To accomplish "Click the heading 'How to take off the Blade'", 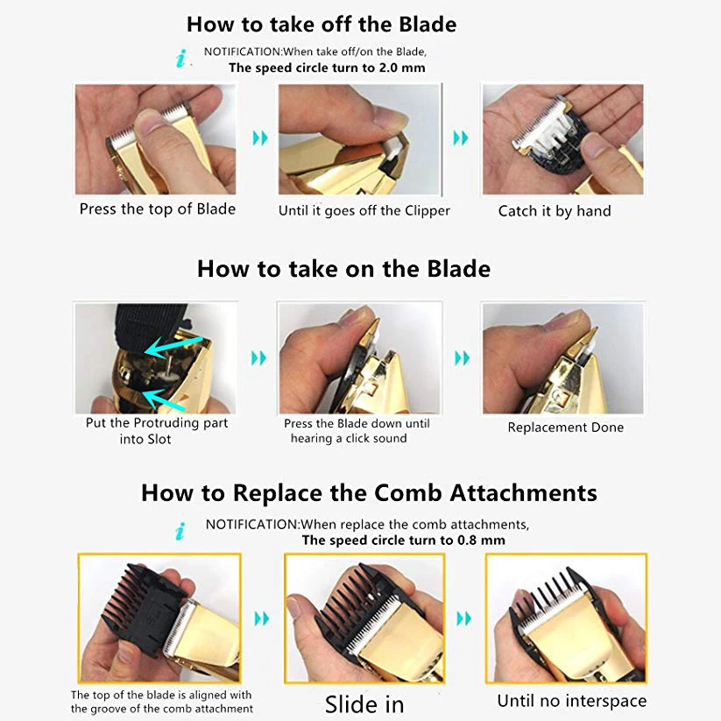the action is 322,25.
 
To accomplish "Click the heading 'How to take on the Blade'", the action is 343,269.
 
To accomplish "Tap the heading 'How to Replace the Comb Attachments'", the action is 369,493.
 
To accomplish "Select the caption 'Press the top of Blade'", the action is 158,209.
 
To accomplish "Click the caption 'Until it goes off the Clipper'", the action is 364,210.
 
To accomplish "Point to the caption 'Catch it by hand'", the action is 555,211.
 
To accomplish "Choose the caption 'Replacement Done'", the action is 566,428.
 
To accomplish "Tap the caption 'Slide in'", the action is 364,704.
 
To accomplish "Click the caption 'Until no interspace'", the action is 571,701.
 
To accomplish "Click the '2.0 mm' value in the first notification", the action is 402,67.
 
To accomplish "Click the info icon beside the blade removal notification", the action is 181,59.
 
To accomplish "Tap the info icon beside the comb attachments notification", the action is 180,531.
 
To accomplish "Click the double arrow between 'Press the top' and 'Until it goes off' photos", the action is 260,138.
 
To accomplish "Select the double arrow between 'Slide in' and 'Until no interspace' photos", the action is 464,619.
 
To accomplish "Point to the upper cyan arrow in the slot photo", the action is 173,347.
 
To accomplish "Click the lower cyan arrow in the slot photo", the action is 164,400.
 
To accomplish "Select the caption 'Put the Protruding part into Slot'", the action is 156,431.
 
